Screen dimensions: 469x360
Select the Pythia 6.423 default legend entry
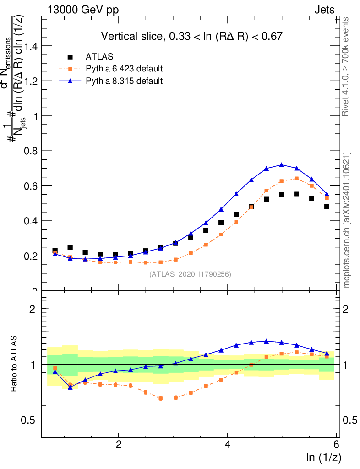[124, 69]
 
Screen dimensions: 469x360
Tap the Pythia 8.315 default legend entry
[124, 81]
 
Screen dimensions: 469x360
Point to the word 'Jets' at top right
[324, 10]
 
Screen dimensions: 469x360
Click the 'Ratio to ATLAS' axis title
[14, 365]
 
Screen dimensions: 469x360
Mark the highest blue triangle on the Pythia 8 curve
[282, 165]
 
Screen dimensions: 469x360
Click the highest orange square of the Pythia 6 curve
[296, 179]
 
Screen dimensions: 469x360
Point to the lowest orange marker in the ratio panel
[161, 398]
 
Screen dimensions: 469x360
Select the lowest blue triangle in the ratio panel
[70, 387]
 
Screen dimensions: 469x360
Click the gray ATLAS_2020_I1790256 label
[190, 274]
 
